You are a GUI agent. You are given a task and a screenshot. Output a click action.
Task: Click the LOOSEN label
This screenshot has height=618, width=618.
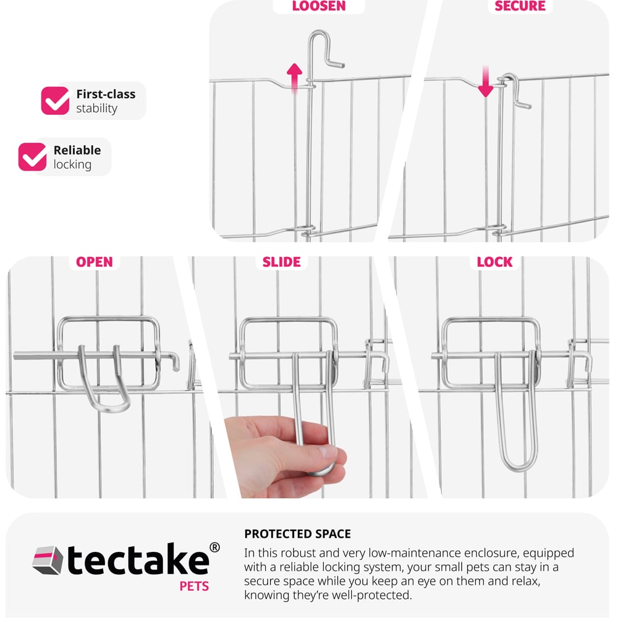319,6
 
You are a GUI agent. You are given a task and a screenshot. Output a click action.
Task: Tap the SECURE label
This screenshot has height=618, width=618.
520,6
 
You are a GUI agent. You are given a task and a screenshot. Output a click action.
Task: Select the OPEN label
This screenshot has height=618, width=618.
94,262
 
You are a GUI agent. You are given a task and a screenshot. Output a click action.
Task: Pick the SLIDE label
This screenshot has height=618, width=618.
281,262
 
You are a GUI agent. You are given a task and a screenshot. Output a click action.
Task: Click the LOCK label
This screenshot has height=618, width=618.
494,262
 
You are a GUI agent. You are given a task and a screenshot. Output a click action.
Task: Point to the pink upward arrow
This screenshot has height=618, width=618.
294,78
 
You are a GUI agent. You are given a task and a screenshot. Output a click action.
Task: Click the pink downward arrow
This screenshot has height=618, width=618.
486,82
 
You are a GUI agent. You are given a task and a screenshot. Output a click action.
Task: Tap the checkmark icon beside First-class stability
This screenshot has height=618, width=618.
55,101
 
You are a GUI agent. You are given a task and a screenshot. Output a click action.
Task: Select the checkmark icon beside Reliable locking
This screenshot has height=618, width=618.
32,157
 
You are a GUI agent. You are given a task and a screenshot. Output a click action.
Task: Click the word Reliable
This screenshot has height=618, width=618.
77,150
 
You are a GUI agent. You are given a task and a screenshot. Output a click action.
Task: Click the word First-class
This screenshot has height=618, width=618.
106,94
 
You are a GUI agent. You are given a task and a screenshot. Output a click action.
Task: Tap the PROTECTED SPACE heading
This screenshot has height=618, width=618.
298,534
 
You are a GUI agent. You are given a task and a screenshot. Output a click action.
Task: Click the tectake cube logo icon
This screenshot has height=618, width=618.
48,560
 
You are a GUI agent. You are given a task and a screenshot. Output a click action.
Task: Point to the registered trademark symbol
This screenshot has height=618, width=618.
214,548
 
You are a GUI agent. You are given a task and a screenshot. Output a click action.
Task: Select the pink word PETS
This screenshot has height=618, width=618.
194,586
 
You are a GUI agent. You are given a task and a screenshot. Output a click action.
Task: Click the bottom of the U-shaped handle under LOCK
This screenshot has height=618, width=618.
517,467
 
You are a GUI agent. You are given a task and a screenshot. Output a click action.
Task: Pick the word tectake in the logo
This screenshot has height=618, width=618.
138,560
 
